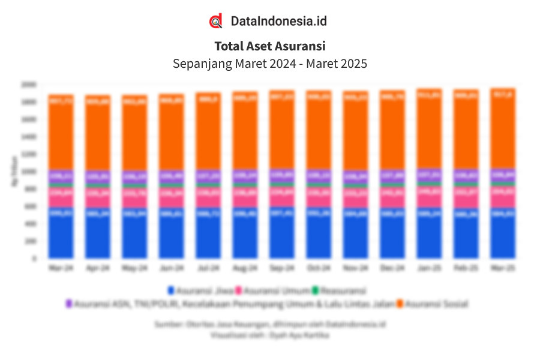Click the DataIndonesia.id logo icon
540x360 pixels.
[215, 21]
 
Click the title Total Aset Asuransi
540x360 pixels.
[270, 46]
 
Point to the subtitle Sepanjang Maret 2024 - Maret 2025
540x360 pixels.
[270, 63]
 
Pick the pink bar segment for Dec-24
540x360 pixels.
[392, 198]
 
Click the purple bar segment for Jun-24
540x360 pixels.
[172, 176]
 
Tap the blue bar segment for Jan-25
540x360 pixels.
[430, 234]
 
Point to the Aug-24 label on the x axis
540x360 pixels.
[245, 268]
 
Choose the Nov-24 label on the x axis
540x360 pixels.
[356, 268]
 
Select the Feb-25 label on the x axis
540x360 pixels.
[466, 268]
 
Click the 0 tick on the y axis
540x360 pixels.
[35, 259]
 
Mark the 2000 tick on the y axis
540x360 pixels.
[30, 84]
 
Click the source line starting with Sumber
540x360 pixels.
[269, 324]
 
